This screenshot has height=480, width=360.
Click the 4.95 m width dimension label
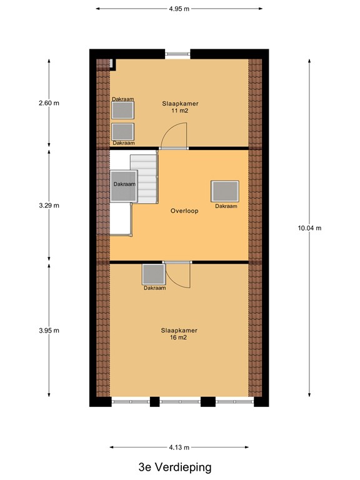(179, 9)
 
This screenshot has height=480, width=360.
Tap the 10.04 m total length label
(309, 228)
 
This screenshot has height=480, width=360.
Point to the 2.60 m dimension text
(48, 103)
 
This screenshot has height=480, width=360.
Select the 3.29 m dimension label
(48, 206)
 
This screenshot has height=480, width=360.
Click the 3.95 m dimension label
(48, 331)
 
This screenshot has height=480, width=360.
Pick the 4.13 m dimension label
(179, 447)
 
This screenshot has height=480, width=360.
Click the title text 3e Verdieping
(176, 467)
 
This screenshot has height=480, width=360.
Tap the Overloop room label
(184, 211)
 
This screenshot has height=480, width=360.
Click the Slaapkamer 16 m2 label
(179, 333)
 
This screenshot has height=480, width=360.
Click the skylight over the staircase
(124, 186)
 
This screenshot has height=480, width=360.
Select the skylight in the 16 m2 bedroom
(153, 274)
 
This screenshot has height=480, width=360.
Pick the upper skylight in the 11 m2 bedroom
(123, 110)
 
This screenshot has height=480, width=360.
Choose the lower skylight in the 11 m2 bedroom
(123, 132)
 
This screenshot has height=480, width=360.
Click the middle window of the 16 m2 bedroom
(180, 401)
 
